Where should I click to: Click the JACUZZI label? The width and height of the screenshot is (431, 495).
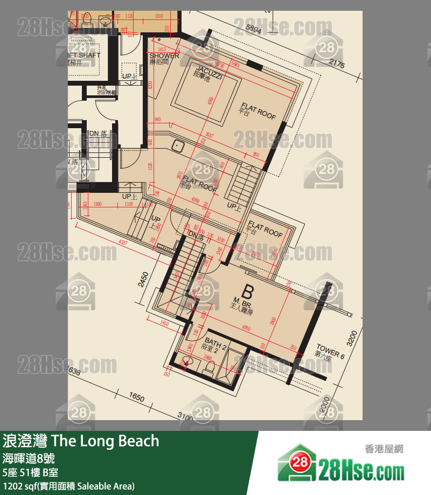[209, 74]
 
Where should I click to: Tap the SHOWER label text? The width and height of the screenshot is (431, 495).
[164, 56]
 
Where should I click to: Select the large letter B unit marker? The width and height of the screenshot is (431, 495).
[247, 292]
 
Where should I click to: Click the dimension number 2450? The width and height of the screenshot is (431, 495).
[143, 280]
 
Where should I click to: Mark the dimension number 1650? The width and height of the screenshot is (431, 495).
[136, 398]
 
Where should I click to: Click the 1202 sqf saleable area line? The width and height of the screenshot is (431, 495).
[68, 486]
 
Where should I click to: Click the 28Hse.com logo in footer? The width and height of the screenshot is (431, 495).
[340, 466]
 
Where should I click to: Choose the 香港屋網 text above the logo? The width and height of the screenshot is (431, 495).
[384, 449]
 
